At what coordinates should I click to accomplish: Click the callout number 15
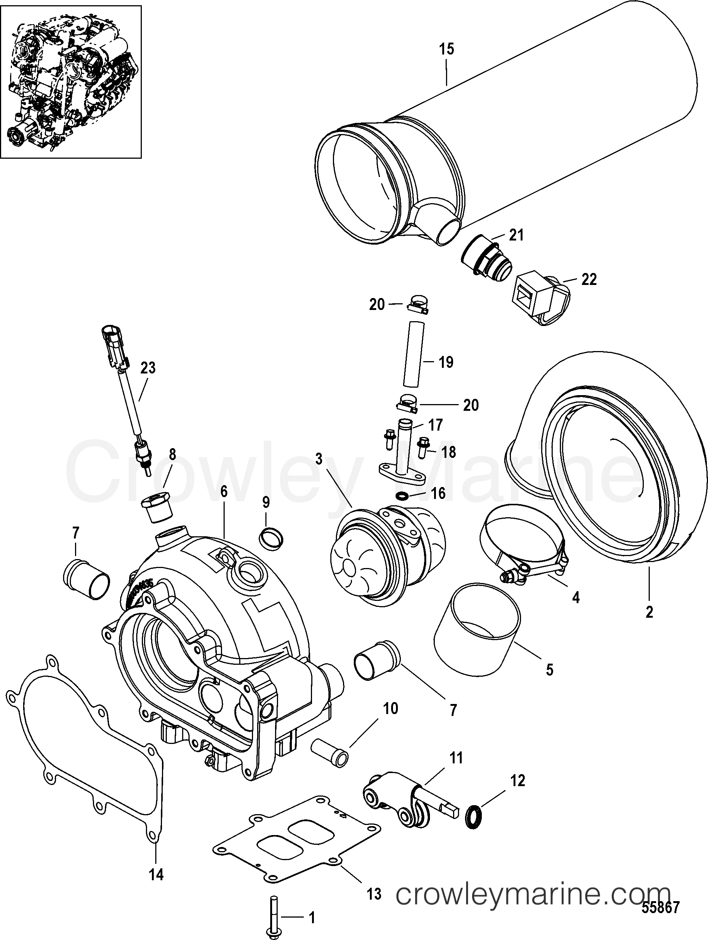point(446,50)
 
